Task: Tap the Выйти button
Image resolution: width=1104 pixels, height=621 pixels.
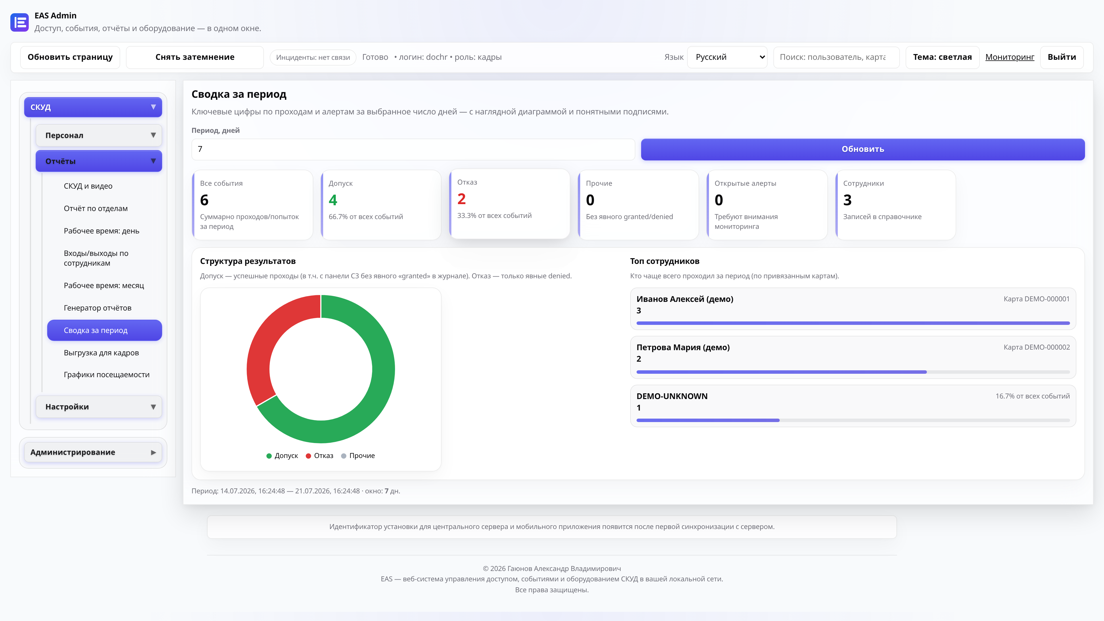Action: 1061,57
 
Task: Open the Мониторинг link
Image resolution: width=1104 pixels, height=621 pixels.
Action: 1010,57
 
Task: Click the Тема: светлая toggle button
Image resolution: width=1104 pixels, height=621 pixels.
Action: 942,57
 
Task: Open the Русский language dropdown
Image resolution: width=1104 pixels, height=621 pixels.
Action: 727,57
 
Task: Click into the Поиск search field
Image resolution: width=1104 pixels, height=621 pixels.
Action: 836,57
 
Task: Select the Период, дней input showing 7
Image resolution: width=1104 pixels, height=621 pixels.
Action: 413,149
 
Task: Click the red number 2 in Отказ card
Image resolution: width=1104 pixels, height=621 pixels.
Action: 461,199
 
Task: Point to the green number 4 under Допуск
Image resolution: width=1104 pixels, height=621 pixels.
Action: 333,200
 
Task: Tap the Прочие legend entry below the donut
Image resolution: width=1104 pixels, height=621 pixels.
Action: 358,456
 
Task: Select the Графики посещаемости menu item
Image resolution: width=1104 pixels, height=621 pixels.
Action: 107,375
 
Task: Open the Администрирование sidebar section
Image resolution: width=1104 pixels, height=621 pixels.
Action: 93,452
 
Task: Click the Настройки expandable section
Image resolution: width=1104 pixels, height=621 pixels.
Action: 99,407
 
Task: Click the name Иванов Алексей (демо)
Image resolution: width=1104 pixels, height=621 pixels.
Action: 685,299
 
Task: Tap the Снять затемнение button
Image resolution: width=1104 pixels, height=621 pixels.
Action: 195,57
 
